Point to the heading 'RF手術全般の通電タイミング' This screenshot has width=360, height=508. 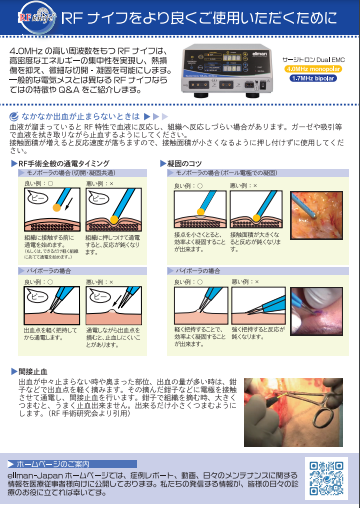point(70,162)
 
